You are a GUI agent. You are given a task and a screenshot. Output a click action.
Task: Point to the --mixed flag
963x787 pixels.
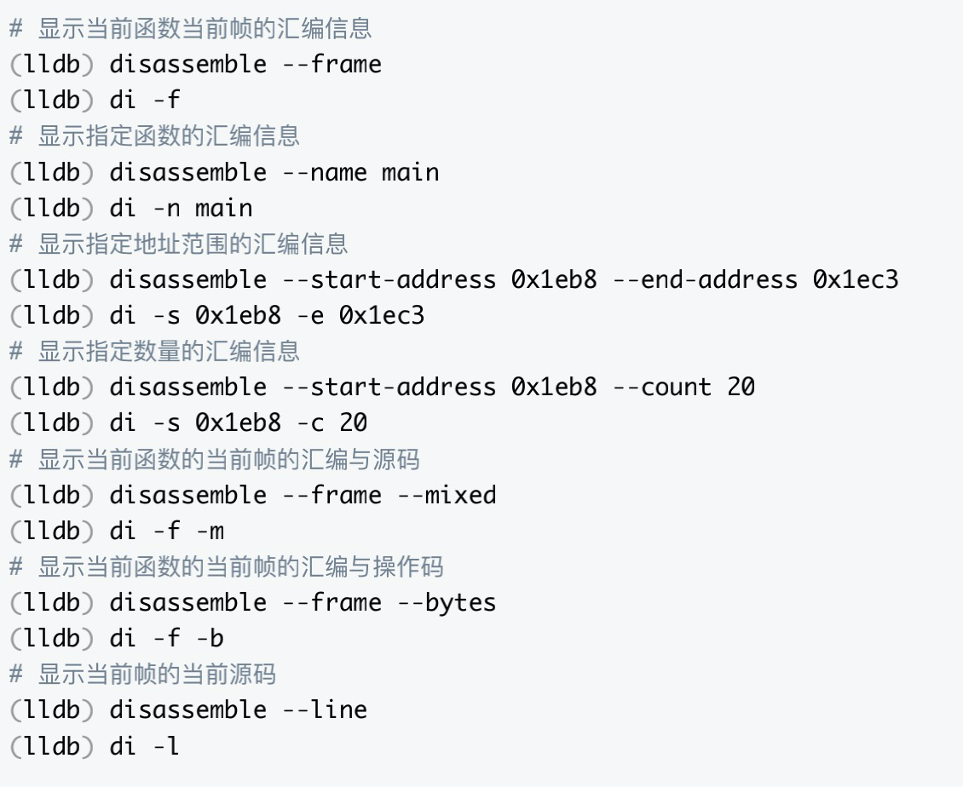click(x=447, y=495)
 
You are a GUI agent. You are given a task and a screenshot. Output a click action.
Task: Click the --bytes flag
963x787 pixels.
click(x=447, y=602)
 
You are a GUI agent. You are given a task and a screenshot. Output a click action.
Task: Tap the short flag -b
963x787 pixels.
click(x=210, y=639)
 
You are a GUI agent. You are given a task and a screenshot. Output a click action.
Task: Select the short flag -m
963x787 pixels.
click(x=210, y=531)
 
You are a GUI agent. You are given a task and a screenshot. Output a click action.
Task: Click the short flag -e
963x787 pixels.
click(x=309, y=316)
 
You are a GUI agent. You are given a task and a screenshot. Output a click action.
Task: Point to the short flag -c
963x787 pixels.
click(x=309, y=423)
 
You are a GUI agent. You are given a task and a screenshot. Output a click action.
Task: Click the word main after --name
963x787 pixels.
click(x=410, y=172)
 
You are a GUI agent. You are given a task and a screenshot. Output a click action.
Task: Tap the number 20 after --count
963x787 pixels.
click(x=741, y=388)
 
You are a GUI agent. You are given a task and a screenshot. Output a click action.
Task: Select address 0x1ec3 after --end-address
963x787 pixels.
click(x=855, y=279)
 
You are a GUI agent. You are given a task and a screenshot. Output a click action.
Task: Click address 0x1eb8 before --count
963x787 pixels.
click(x=554, y=388)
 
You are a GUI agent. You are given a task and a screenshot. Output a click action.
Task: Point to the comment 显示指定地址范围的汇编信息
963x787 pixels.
click(x=193, y=244)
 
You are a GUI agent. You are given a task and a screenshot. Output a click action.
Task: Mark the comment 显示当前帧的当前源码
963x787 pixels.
click(x=157, y=674)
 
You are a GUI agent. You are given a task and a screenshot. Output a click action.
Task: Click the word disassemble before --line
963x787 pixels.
click(x=187, y=709)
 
